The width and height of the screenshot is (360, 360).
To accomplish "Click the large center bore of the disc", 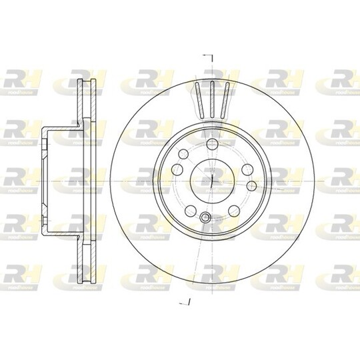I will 210,179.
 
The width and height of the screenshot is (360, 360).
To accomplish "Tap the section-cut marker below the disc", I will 187,302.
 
